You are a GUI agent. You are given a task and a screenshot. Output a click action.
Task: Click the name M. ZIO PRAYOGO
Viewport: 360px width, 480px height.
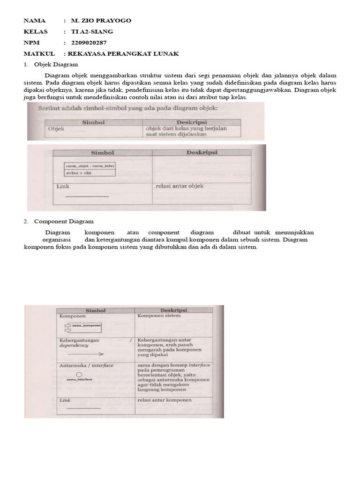click(101, 21)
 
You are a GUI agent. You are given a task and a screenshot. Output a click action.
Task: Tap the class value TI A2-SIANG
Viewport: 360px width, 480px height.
click(92, 31)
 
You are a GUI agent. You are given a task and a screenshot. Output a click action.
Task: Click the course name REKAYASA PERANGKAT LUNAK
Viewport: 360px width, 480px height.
click(123, 54)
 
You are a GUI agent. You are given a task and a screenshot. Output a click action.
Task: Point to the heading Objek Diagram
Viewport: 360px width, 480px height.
click(59, 64)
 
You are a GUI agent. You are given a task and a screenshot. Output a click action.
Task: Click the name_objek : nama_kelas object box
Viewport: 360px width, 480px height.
click(90, 169)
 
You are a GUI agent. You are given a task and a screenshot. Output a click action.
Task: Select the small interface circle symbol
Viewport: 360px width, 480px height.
click(79, 374)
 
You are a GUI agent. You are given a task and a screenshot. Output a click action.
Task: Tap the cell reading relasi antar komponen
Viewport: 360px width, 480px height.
click(165, 400)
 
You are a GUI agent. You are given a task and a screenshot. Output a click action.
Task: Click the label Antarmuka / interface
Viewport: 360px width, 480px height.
click(86, 365)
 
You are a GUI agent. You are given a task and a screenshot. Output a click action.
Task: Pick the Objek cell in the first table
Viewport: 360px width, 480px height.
click(56, 128)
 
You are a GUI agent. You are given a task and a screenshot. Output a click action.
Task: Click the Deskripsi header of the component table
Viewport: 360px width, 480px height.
click(173, 310)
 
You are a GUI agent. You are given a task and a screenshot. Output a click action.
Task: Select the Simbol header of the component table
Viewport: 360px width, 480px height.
click(95, 310)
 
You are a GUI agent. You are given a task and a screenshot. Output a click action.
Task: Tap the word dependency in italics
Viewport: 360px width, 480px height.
click(74, 345)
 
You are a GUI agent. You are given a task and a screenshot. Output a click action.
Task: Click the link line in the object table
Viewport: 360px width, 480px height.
click(87, 196)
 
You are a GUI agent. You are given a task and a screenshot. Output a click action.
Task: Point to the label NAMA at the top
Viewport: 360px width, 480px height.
click(35, 21)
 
